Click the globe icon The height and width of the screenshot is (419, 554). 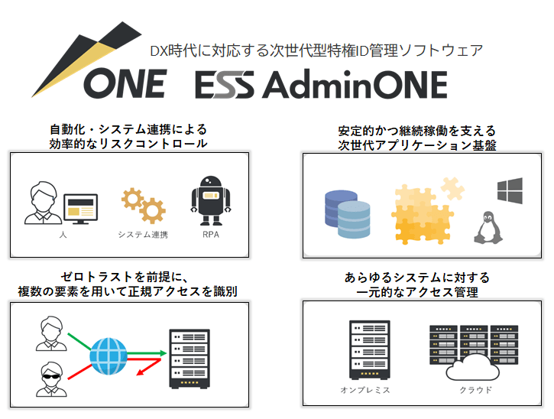click(108, 354)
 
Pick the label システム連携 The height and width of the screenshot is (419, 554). click(142, 234)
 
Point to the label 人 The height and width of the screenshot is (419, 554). click(61, 234)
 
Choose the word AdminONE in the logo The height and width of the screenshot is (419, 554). click(354, 86)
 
